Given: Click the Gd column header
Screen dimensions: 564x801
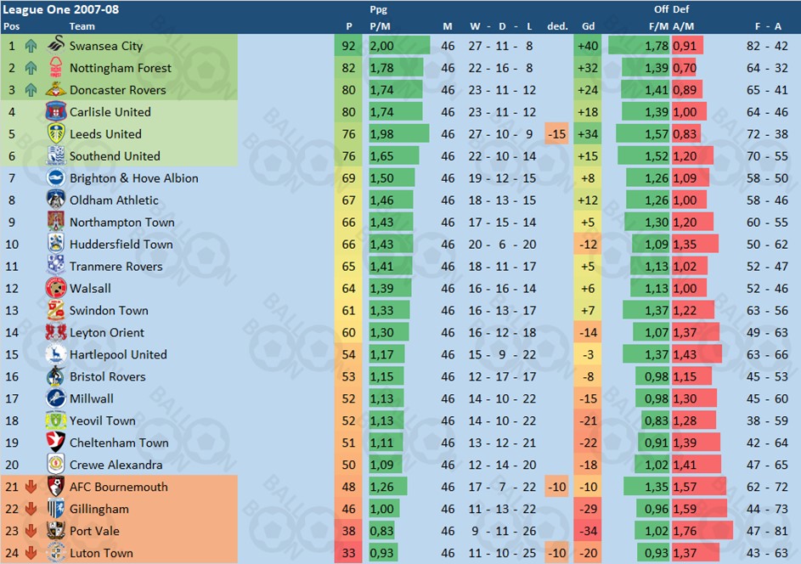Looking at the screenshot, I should [x=588, y=26].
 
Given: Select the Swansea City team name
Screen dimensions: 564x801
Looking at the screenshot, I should [x=106, y=46].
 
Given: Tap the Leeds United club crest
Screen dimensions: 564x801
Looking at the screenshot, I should [x=56, y=134].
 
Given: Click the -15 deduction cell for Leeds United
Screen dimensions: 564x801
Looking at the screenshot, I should [x=557, y=134].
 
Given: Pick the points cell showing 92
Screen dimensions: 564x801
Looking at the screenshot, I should [x=348, y=46].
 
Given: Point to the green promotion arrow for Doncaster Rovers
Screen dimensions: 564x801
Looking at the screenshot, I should [x=31, y=90].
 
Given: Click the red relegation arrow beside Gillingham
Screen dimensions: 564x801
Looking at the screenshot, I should [x=31, y=509].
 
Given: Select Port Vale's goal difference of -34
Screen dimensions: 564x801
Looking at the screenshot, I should [x=588, y=531].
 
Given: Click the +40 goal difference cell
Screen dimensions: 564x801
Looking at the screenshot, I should [x=588, y=46].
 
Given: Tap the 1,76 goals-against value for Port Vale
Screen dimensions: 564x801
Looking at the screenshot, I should [x=685, y=531].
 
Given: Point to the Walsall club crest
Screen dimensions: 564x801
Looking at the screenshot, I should [x=56, y=289].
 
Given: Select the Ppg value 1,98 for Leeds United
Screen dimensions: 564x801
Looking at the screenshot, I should [x=381, y=134].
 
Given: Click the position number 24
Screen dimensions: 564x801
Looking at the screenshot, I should [x=12, y=553].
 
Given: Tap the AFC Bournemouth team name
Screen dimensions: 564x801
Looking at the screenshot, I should [x=119, y=487].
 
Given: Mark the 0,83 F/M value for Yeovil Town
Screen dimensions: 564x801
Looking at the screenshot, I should [x=657, y=420].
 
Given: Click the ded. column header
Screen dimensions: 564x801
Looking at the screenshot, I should [x=557, y=26].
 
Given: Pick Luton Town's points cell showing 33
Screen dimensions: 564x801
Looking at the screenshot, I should [x=348, y=553].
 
